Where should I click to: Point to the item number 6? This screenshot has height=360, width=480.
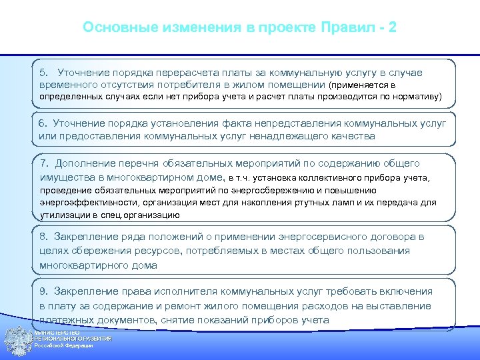[x=43, y=123]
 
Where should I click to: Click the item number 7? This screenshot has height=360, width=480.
[x=45, y=163]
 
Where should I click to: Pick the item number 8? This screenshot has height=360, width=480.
[x=43, y=237]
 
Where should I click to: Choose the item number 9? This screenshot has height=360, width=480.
[x=43, y=291]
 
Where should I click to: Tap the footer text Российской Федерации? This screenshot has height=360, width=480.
[x=63, y=346]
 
